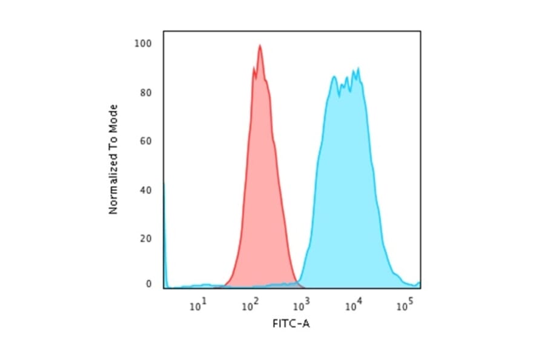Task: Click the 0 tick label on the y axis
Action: [x=148, y=284]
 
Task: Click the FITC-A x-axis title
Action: [x=291, y=324]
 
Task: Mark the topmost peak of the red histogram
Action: [x=260, y=45]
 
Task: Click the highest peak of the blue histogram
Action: [x=358, y=68]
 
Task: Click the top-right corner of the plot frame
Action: [x=420, y=31]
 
